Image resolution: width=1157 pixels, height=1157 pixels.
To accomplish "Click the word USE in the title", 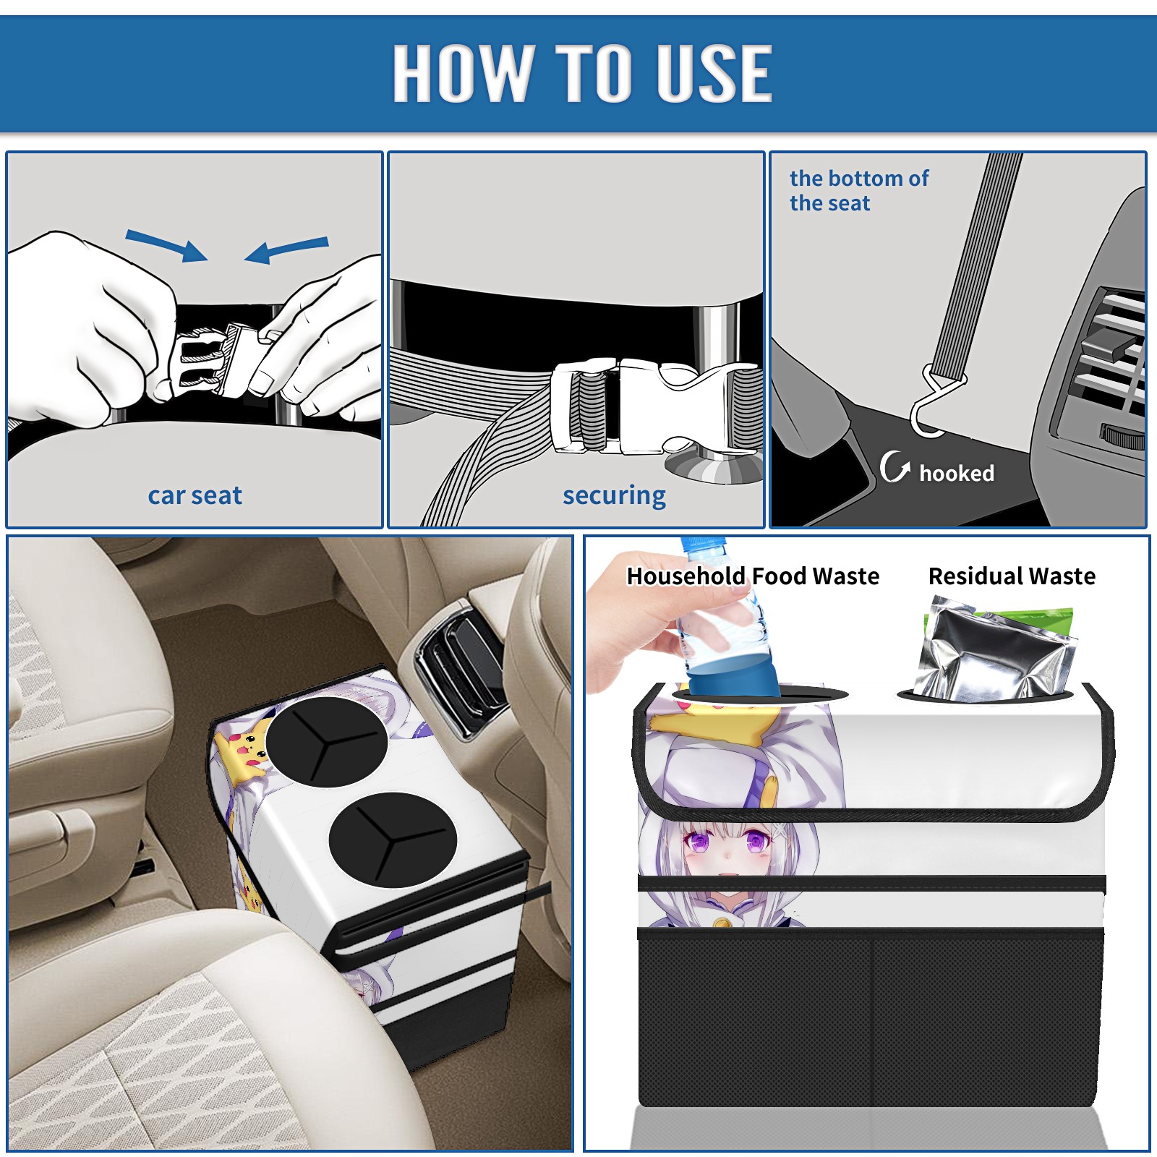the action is point(714,72).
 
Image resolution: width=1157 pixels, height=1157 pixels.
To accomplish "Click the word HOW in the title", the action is point(463,72).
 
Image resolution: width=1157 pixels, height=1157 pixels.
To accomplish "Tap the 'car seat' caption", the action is point(195,495).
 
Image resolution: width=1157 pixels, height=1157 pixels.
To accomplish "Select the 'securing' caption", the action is point(614,496).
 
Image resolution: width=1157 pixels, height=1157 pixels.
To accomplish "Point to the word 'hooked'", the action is point(957,473).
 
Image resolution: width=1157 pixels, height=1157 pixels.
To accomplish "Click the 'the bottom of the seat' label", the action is point(859,190).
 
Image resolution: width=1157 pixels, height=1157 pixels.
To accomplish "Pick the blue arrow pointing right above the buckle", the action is point(166,245).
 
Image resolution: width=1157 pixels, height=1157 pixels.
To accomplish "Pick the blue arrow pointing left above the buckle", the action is point(286,249).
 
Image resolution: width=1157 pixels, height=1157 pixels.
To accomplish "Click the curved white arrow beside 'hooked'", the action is point(895,466).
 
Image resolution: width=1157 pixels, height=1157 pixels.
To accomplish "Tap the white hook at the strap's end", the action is point(933,405).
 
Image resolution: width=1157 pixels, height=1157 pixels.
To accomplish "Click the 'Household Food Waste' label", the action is point(753,576).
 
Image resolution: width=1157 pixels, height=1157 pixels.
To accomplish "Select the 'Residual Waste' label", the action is point(1012,576).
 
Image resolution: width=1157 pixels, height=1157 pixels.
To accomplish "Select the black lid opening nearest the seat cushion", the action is point(393,840).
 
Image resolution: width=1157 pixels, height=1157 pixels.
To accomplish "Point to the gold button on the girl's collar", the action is point(721,923).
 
